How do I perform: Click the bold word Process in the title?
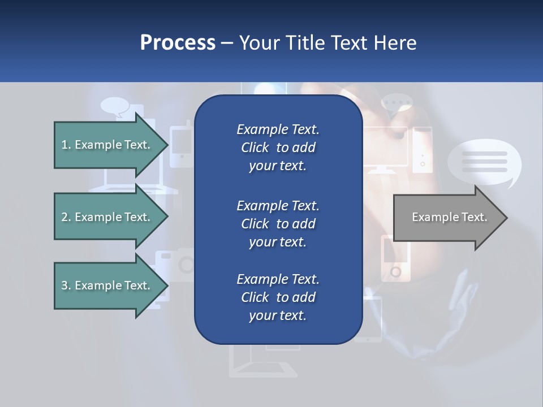pyautogui.click(x=178, y=43)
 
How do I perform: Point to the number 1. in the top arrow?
pyautogui.click(x=66, y=145)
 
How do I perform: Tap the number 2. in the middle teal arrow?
pyautogui.click(x=66, y=217)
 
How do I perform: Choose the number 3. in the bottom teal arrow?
pyautogui.click(x=66, y=285)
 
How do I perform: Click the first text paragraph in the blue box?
pyautogui.click(x=278, y=148)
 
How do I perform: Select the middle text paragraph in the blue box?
pyautogui.click(x=278, y=223)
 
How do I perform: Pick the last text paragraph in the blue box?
pyautogui.click(x=278, y=297)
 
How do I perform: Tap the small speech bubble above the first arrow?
pyautogui.click(x=115, y=106)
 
